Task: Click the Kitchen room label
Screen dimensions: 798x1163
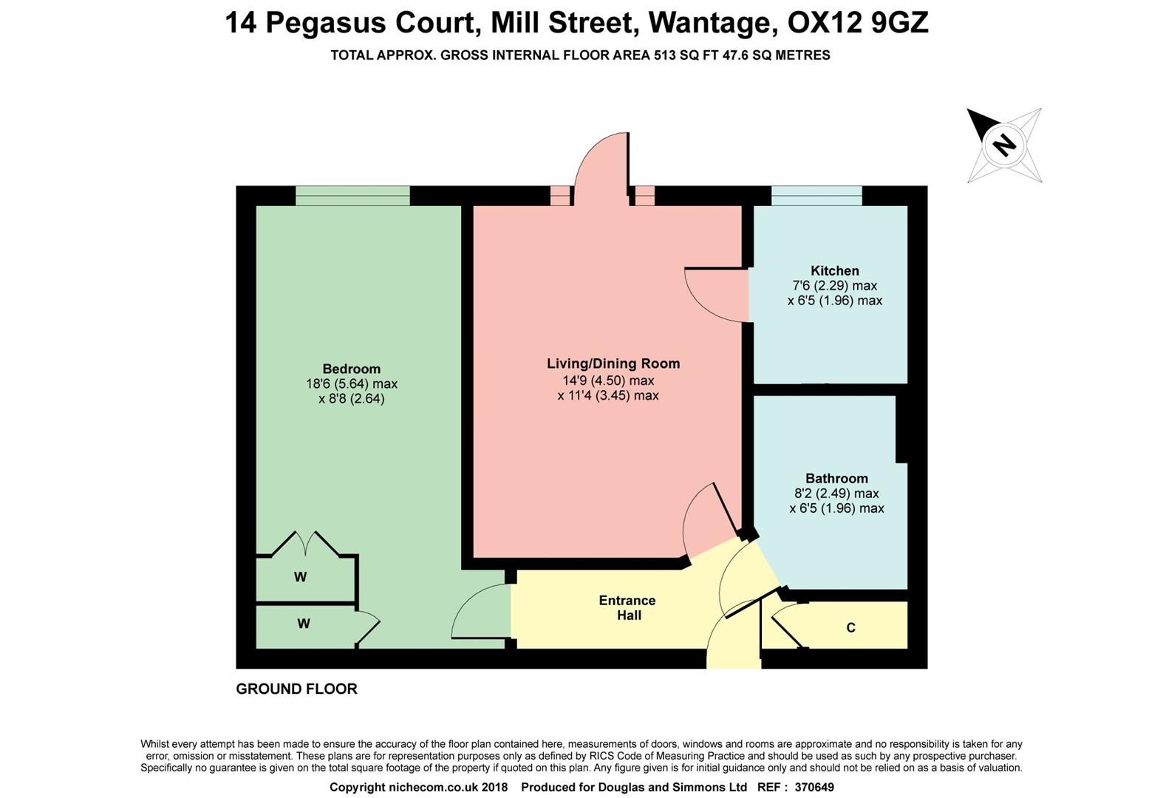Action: [834, 270]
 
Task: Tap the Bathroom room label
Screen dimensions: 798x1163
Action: [836, 478]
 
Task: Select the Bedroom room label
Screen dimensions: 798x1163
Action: [351, 369]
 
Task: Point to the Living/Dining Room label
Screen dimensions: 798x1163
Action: [613, 364]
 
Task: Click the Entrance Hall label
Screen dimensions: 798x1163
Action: [627, 608]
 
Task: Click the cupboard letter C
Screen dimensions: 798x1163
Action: [850, 628]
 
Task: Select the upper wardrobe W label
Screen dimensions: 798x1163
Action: [300, 577]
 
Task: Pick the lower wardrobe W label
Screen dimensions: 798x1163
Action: [303, 624]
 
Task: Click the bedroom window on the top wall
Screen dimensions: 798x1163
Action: [352, 196]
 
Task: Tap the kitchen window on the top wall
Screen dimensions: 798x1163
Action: [816, 196]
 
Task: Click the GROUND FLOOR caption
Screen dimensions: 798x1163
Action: [296, 689]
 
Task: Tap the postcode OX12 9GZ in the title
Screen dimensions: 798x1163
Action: [858, 23]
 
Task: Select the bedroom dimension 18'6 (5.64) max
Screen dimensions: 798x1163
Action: [351, 384]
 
